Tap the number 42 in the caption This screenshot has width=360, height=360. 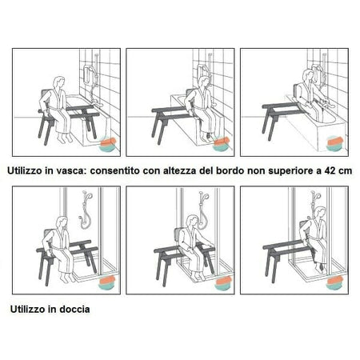[330, 170]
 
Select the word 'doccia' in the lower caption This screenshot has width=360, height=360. [74, 310]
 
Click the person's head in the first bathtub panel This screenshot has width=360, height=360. [59, 82]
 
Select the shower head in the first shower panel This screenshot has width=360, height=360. [89, 195]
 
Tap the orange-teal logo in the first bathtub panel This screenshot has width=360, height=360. [108, 144]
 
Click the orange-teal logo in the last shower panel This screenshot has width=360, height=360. [334, 282]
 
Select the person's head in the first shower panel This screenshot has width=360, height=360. [62, 222]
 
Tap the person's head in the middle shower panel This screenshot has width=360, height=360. [191, 221]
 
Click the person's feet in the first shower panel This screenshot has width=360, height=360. [66, 278]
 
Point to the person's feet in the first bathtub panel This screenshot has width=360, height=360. [66, 138]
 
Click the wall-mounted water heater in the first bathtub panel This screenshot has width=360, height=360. [88, 74]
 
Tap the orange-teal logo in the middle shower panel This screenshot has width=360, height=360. [223, 283]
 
